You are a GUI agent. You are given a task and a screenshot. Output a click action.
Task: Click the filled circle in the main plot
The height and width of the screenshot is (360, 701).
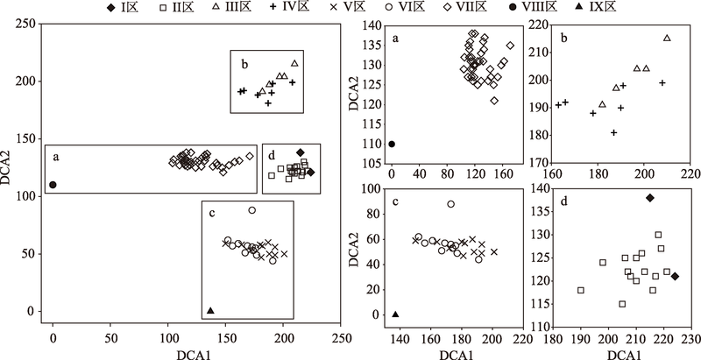tap(53, 185)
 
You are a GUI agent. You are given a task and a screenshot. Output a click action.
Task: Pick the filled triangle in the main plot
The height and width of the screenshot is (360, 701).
tap(210, 310)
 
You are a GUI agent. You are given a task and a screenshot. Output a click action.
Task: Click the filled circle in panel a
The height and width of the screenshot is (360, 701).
tap(392, 144)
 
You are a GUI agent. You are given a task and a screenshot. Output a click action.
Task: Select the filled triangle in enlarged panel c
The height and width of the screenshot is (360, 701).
tap(395, 314)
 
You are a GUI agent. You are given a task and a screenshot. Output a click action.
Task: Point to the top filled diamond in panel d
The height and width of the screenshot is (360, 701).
tap(649, 198)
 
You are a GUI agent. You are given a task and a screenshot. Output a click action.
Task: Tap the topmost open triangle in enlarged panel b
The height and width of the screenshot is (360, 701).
tap(667, 38)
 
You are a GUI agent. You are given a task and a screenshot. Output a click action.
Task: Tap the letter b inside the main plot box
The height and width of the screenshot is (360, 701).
tap(244, 63)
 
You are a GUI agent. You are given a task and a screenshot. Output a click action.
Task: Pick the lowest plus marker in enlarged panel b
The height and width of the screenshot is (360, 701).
tap(614, 132)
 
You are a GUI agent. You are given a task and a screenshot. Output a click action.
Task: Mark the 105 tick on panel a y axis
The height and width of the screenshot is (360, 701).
tap(372, 163)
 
